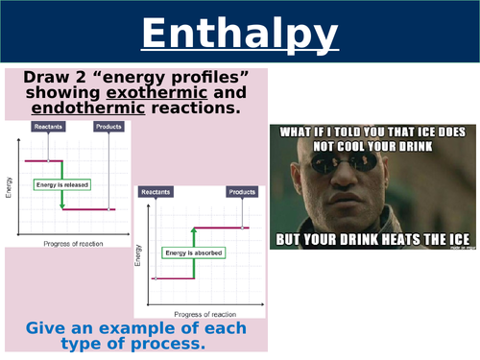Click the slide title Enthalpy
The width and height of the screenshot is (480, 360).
tap(240, 36)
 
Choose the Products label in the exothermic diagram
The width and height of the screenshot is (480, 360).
tap(108, 127)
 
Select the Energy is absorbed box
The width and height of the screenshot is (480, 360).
tap(189, 252)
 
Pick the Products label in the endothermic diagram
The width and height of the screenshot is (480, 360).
tap(241, 192)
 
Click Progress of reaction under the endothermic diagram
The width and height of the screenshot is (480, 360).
tap(204, 313)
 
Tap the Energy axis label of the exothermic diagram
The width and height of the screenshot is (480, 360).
tap(10, 183)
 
